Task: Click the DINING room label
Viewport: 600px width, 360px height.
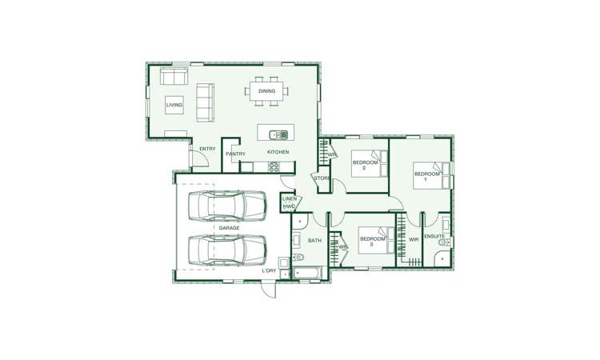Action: tap(266, 91)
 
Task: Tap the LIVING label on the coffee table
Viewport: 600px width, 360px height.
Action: tap(174, 105)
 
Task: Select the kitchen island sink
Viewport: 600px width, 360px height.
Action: tap(278, 134)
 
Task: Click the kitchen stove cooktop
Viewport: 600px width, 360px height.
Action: tap(274, 167)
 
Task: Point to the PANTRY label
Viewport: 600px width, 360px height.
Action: tap(235, 154)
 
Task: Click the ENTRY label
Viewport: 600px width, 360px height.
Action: tap(207, 149)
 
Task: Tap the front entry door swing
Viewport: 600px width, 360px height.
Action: tap(200, 158)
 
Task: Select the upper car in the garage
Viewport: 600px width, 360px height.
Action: tap(227, 206)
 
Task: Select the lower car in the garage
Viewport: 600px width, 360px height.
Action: tap(227, 250)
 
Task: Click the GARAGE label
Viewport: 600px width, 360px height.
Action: tap(229, 228)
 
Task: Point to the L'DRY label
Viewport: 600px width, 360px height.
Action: tap(269, 271)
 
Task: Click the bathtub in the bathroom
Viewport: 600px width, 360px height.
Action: tap(308, 273)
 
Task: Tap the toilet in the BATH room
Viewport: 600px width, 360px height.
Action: tap(298, 257)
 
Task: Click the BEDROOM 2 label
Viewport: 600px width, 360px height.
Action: tap(365, 165)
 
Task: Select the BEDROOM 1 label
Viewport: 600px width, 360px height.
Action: tap(427, 176)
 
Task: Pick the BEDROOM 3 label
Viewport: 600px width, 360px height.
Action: tap(372, 242)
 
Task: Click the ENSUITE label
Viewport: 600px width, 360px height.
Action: tap(434, 237)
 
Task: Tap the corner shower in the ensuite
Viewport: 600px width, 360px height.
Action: tap(442, 258)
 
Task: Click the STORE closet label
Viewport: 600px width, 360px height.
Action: tap(322, 178)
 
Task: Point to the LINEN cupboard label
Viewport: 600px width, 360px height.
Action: tap(290, 199)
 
